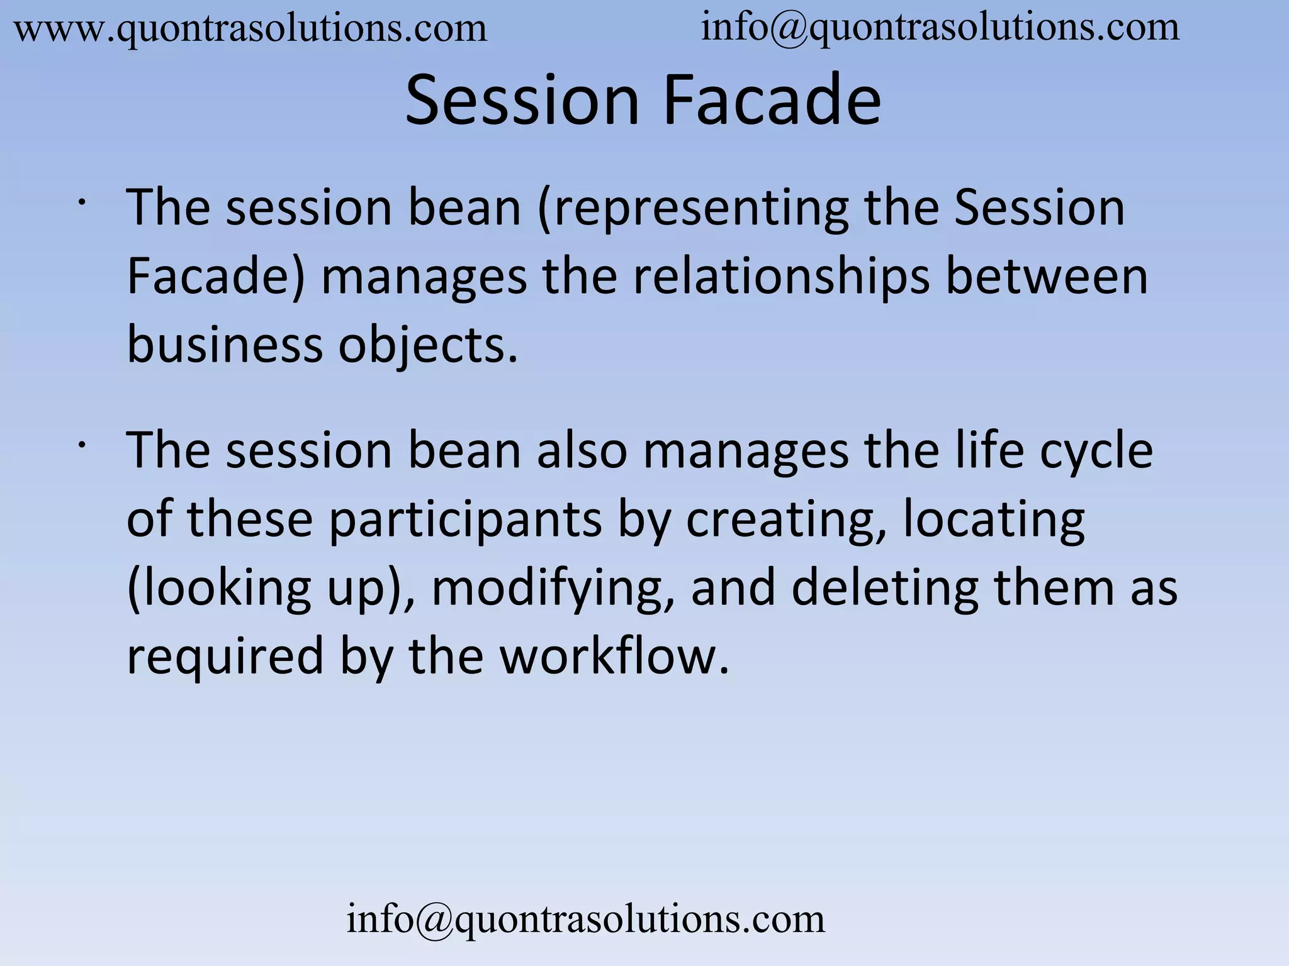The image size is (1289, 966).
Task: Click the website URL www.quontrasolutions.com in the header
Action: click(x=250, y=29)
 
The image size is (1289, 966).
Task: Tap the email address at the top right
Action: click(x=940, y=28)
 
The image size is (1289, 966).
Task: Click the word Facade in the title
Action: click(x=772, y=101)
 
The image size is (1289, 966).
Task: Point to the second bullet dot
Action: click(x=82, y=445)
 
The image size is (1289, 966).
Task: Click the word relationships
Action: click(x=780, y=277)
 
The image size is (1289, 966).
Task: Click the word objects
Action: click(x=428, y=346)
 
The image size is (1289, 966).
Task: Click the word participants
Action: click(x=465, y=521)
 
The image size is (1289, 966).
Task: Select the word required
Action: click(x=225, y=657)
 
